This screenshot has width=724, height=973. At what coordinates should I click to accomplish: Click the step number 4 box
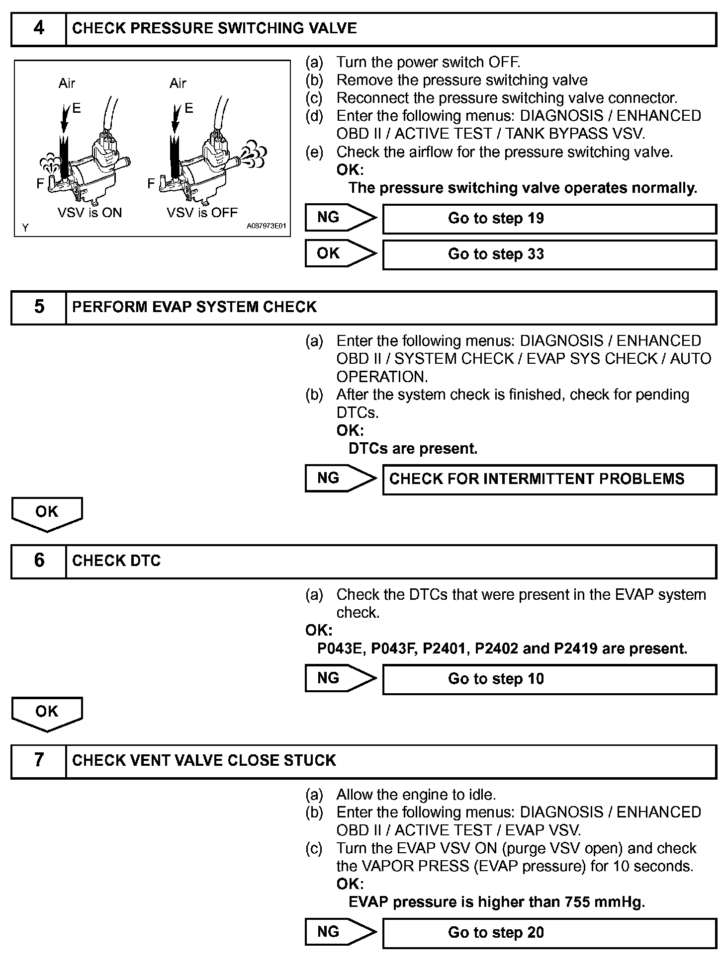[39, 29]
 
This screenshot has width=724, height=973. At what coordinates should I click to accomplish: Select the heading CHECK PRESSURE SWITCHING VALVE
[214, 28]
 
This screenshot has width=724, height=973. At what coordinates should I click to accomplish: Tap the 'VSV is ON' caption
[90, 213]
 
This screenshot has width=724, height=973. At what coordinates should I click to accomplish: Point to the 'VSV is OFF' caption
[202, 213]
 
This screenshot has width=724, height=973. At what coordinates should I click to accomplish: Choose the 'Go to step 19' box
[549, 219]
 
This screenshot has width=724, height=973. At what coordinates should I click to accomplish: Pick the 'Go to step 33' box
[549, 254]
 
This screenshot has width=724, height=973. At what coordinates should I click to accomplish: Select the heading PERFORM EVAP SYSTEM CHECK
[194, 307]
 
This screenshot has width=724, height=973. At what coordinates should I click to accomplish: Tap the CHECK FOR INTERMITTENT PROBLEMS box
[549, 479]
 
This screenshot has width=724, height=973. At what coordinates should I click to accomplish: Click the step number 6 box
[39, 561]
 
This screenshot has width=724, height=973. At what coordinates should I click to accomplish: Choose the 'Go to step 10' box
[549, 679]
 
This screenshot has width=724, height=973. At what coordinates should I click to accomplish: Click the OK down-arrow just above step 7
[47, 713]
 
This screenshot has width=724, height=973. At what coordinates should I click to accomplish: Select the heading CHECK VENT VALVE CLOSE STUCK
[204, 760]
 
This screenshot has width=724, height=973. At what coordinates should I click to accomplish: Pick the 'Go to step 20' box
[549, 933]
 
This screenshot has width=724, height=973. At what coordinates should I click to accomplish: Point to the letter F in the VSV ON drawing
[40, 184]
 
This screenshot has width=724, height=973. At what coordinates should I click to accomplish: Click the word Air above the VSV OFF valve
[178, 83]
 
